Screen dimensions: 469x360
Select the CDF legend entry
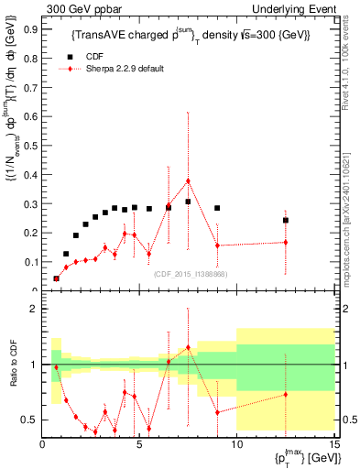pos(88,55)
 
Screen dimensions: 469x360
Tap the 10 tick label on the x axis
pos(236,444)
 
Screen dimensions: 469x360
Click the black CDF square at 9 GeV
pos(217,208)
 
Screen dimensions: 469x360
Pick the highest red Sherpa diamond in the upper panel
pos(188,181)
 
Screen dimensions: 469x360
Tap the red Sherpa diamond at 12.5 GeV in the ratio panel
pos(286,395)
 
